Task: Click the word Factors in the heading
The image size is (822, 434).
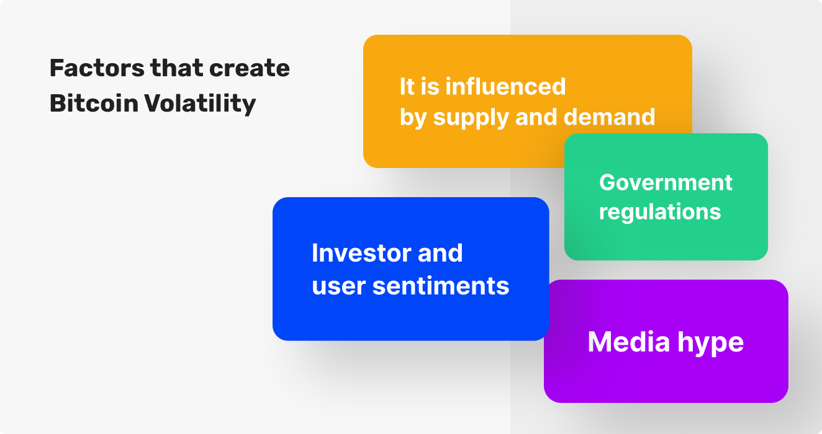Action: pyautogui.click(x=97, y=68)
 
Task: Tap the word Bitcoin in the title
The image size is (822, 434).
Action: pyautogui.click(x=94, y=103)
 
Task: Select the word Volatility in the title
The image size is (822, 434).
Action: pyautogui.click(x=200, y=104)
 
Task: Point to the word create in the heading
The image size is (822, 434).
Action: pyautogui.click(x=250, y=69)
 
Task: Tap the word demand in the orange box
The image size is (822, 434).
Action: pyautogui.click(x=609, y=117)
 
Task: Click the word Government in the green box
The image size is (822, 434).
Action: pyautogui.click(x=666, y=182)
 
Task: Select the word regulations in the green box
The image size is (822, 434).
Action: pyautogui.click(x=660, y=213)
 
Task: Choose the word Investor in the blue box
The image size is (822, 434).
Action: pyautogui.click(x=356, y=253)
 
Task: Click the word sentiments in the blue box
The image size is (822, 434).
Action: pyautogui.click(x=441, y=286)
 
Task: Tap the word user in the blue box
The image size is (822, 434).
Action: pyautogui.click(x=338, y=288)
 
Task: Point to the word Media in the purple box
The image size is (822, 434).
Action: pyautogui.click(x=629, y=342)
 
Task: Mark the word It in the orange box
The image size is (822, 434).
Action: pyautogui.click(x=407, y=87)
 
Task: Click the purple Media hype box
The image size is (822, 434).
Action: pyautogui.click(x=666, y=341)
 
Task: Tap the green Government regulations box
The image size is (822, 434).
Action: pyautogui.click(x=666, y=197)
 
